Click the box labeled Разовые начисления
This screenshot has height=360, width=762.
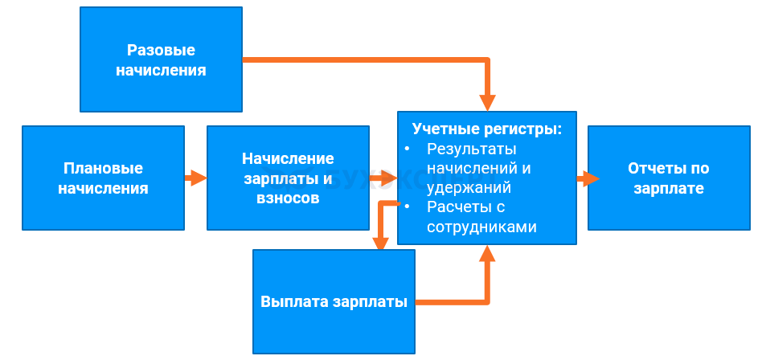(161, 59)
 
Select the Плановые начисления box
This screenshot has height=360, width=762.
(103, 178)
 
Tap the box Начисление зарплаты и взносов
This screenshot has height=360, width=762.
(288, 178)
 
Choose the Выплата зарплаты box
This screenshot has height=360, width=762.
(334, 301)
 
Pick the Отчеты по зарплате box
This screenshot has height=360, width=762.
(668, 178)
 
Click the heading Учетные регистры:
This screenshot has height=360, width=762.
(486, 129)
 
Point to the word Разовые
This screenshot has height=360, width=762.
(161, 50)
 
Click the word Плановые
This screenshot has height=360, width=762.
(103, 168)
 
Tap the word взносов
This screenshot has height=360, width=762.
(288, 198)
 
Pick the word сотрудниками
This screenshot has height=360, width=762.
(481, 227)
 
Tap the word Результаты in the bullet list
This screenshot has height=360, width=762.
(472, 149)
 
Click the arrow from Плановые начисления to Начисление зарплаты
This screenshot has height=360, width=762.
(195, 178)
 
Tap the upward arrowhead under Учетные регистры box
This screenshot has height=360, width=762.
(488, 255)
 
